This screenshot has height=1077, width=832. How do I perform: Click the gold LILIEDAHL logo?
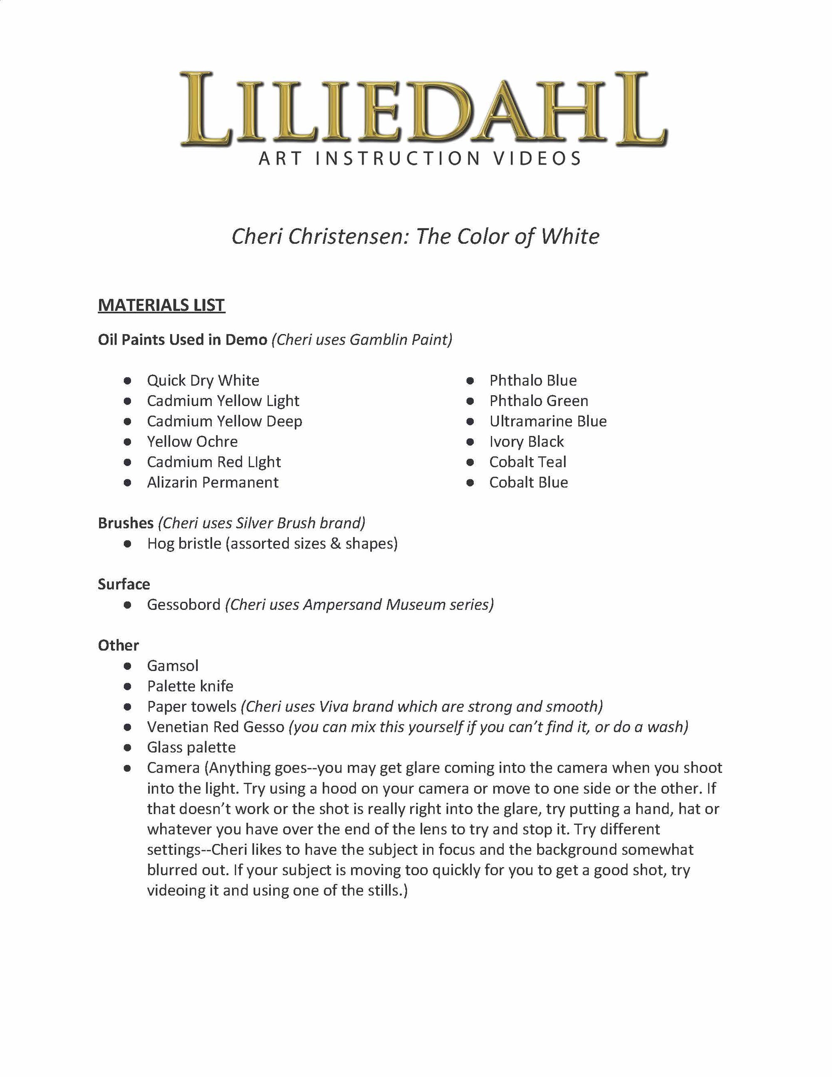pos(423,109)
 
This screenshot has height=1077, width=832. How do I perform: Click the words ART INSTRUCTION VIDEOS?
pos(420,159)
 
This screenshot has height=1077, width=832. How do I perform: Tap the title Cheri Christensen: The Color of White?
pos(416,236)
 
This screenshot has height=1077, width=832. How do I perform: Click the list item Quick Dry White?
pos(203,380)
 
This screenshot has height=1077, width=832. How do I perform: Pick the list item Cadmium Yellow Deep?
pos(224,421)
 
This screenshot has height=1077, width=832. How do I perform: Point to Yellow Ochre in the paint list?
pos(192,442)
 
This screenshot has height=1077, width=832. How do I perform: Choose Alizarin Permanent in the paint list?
pos(213,482)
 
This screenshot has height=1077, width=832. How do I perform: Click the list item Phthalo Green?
pos(538,401)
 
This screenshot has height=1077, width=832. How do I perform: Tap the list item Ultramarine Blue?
pos(547,421)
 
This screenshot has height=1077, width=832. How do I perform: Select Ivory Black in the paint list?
pos(526,442)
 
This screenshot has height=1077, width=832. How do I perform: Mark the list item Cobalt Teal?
pos(527,462)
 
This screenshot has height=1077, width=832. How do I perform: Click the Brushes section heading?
pos(126,523)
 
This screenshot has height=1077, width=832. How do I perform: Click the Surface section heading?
pos(124,584)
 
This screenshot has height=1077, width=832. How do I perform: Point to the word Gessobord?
pos(183,605)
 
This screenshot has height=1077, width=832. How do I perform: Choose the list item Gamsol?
pos(173,666)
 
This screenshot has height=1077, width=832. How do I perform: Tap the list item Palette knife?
pos(190,686)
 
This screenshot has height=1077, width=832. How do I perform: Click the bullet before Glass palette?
pos(128,747)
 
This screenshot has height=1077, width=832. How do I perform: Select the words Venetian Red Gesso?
pos(215,727)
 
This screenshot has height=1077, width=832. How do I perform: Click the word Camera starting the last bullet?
pos(173,768)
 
